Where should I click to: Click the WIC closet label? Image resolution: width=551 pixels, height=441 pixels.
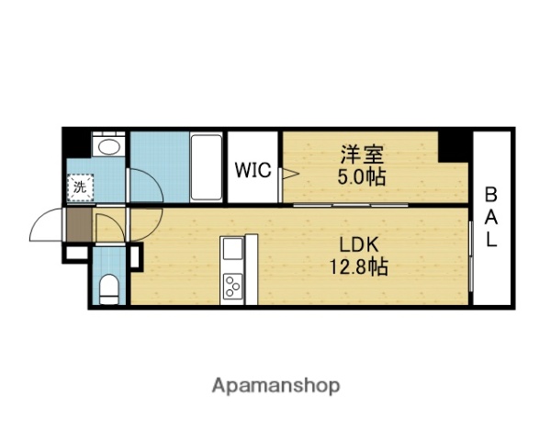pyautogui.click(x=253, y=170)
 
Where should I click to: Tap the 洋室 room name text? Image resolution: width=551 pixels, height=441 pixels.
pyautogui.click(x=362, y=154)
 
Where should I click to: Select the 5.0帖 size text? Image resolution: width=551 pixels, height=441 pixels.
pyautogui.click(x=362, y=177)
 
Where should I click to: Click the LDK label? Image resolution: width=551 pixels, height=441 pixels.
pyautogui.click(x=359, y=244)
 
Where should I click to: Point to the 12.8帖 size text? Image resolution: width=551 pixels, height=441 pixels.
pyautogui.click(x=358, y=267)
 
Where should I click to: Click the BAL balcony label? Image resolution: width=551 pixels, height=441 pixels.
pyautogui.click(x=491, y=217)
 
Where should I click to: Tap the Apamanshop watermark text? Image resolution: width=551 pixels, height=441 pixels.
pyautogui.click(x=275, y=386)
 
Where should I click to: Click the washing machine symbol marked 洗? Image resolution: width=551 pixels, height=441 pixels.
pyautogui.click(x=80, y=187)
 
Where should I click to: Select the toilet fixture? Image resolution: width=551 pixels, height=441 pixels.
pyautogui.click(x=109, y=289)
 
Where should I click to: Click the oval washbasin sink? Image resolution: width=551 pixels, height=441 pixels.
pyautogui.click(x=109, y=147)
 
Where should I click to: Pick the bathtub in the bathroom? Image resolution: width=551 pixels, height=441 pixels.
pyautogui.click(x=207, y=168)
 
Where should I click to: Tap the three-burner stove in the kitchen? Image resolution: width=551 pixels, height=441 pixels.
pyautogui.click(x=232, y=285)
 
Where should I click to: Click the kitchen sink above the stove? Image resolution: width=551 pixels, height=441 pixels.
pyautogui.click(x=232, y=248)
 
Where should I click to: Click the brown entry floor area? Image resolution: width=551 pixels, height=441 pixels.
pyautogui.click(x=79, y=225)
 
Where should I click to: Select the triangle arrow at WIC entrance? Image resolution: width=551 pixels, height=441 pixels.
pyautogui.click(x=290, y=174)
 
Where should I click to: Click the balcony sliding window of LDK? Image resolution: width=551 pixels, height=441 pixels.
pyautogui.click(x=471, y=255)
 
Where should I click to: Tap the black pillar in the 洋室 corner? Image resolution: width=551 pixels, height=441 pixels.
pyautogui.click(x=453, y=147)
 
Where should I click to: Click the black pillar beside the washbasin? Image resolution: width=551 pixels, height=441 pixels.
pyautogui.click(x=77, y=143)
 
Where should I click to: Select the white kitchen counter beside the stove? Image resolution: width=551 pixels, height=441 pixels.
pyautogui.click(x=252, y=269)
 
